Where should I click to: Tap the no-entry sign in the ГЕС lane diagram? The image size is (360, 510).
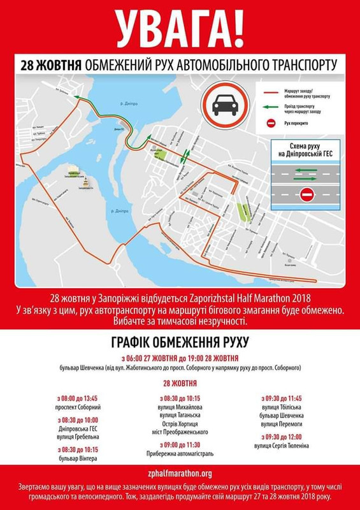[x=306, y=193]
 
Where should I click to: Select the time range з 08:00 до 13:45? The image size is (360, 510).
[x=77, y=398]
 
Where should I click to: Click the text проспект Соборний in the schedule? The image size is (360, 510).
[x=77, y=407]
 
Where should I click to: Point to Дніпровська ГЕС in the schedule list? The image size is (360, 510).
[x=77, y=428]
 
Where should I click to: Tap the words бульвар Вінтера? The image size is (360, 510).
[x=77, y=458]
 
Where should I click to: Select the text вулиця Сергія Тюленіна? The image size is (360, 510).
[x=281, y=446]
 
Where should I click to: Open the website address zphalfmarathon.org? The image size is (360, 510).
[x=180, y=474]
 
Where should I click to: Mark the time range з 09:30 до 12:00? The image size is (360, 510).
[x=281, y=437]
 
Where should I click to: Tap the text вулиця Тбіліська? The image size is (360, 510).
[x=281, y=407]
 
